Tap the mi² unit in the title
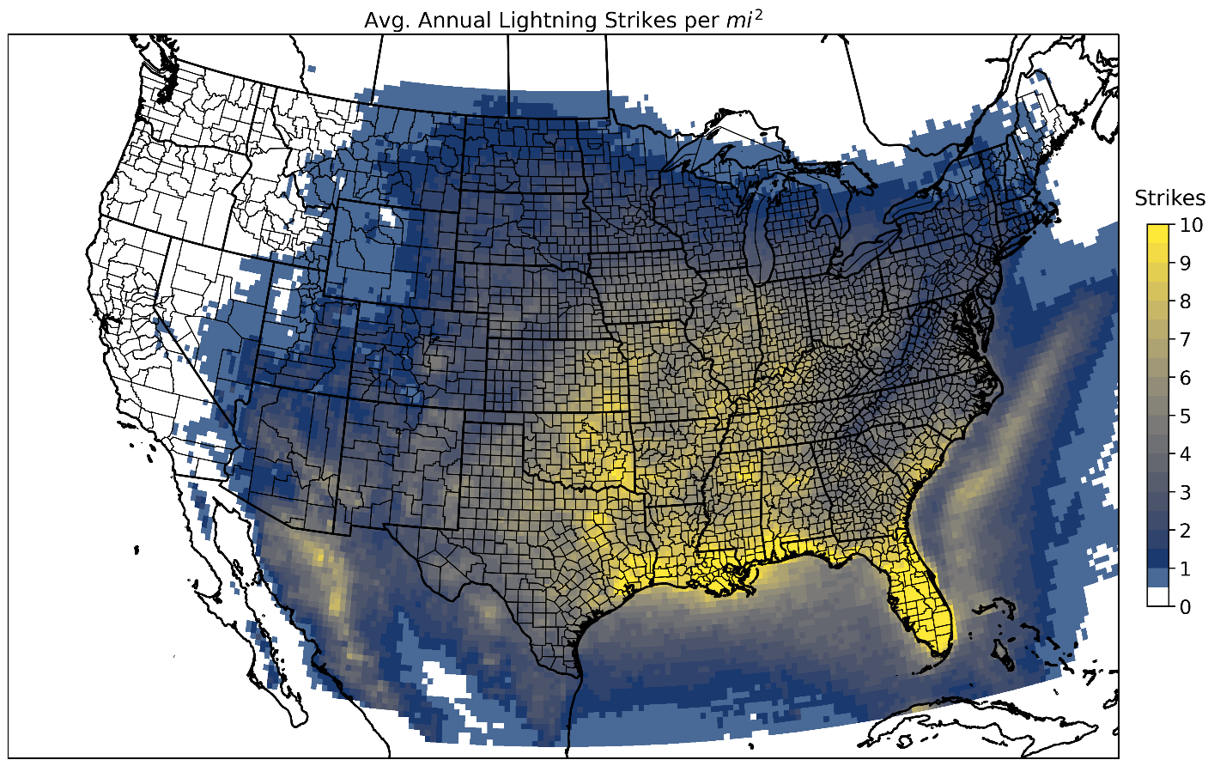click(744, 20)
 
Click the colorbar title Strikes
click(1169, 198)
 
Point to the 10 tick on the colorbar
click(1190, 225)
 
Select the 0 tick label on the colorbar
click(1185, 607)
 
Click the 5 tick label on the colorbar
click(1185, 416)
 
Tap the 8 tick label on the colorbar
click(1185, 301)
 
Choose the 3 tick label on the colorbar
click(1185, 493)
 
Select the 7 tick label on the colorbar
click(1185, 340)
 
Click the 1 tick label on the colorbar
click(1185, 569)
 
